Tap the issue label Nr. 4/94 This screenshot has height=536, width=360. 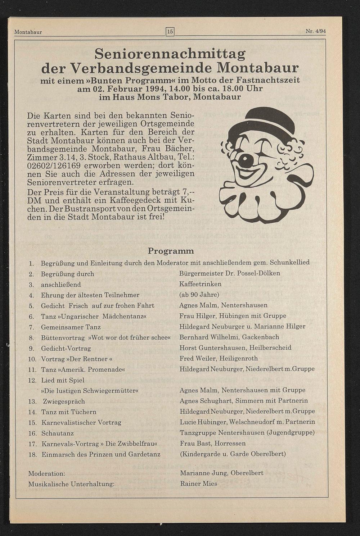point(315,31)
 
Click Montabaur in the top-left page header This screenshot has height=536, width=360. point(28,32)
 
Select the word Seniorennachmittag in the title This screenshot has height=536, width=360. point(170,54)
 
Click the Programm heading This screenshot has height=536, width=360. point(171,251)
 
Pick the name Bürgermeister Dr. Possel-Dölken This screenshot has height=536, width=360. point(229,273)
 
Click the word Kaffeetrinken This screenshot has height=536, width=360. point(200,284)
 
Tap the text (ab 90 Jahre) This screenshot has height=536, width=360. point(199,295)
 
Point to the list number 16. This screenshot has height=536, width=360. point(32,433)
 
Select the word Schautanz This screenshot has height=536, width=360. point(58,433)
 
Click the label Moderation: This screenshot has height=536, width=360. point(46,473)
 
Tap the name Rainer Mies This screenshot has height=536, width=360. point(198,484)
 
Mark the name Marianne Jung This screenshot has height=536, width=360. point(203,473)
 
